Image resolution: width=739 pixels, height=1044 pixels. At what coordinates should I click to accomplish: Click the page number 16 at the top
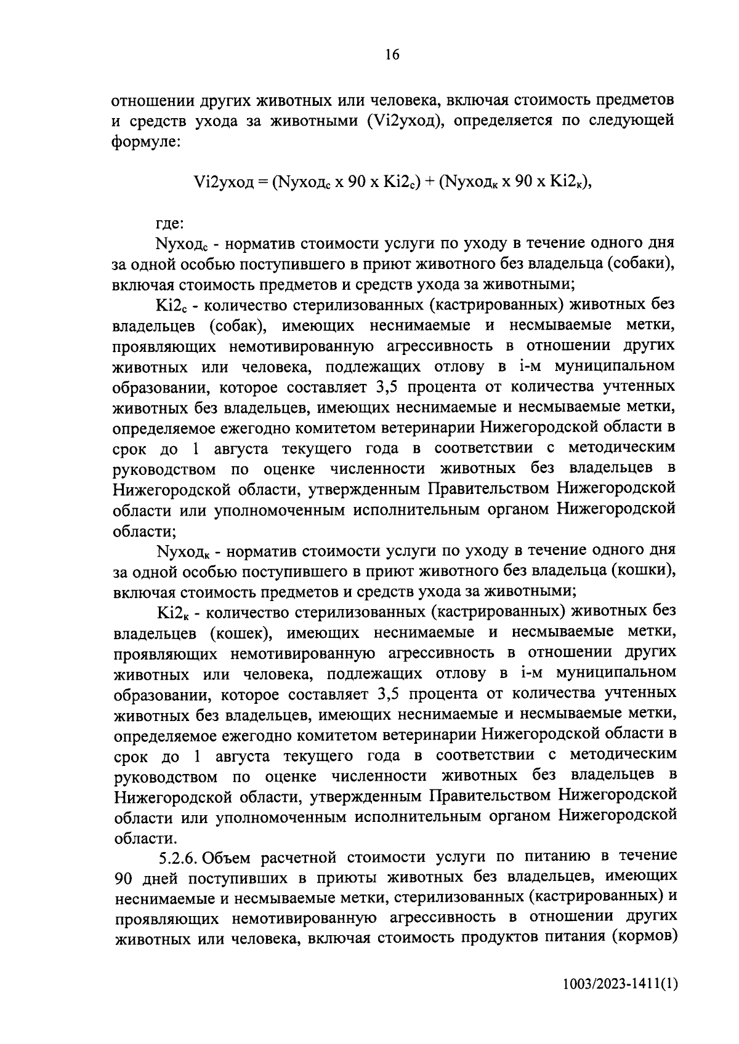[392, 55]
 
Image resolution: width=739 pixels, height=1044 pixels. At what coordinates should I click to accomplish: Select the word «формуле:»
[145, 142]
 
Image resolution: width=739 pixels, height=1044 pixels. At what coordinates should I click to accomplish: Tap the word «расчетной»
[299, 856]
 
